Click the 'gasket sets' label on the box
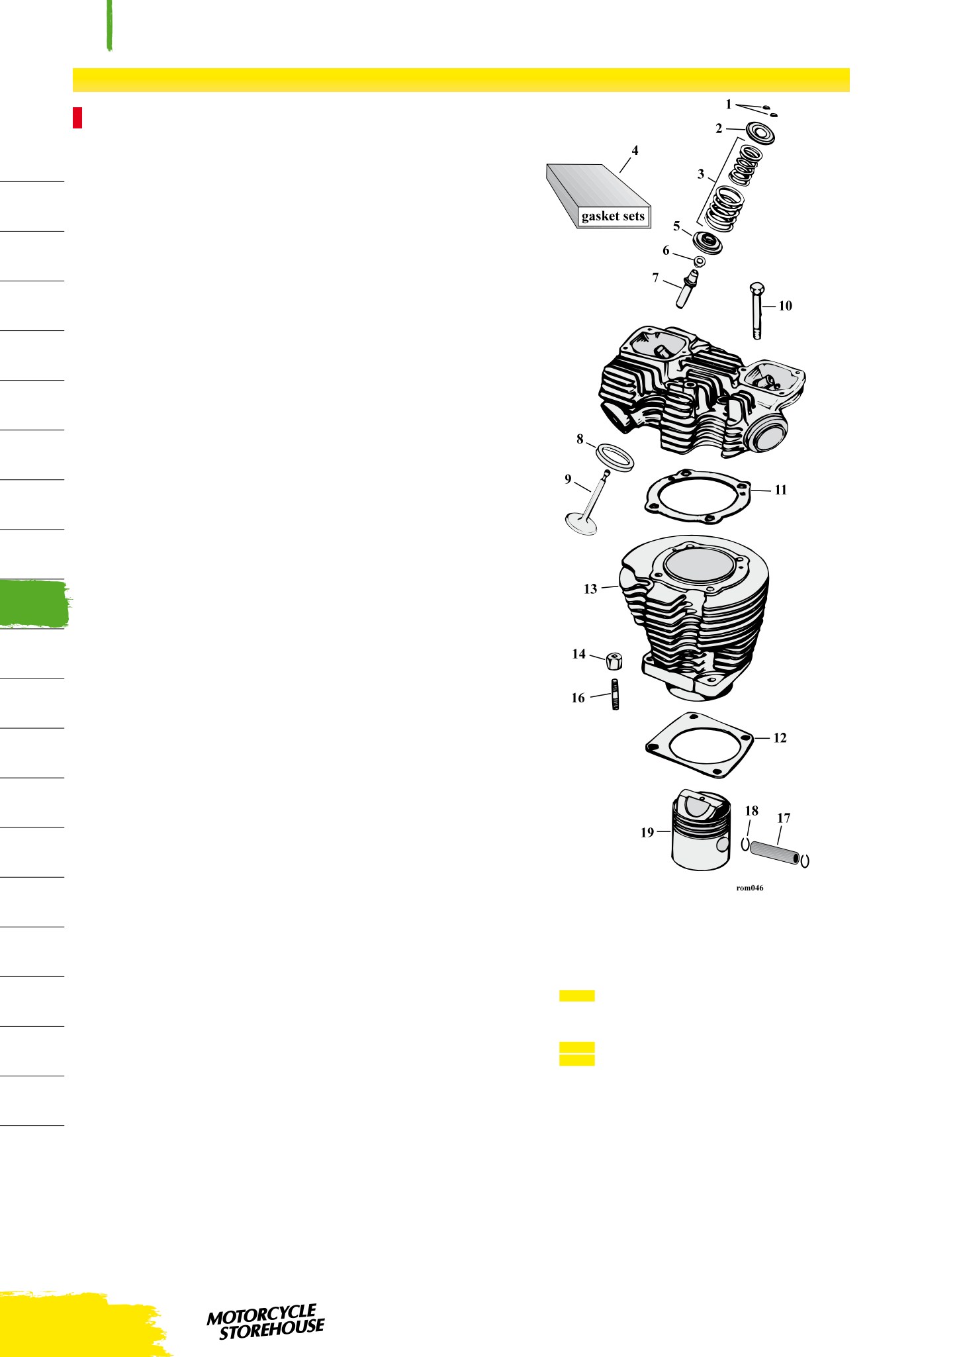click(x=613, y=216)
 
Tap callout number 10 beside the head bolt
click(x=785, y=306)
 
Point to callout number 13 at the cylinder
click(x=590, y=588)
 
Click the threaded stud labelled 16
click(x=616, y=694)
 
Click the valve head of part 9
click(x=581, y=525)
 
